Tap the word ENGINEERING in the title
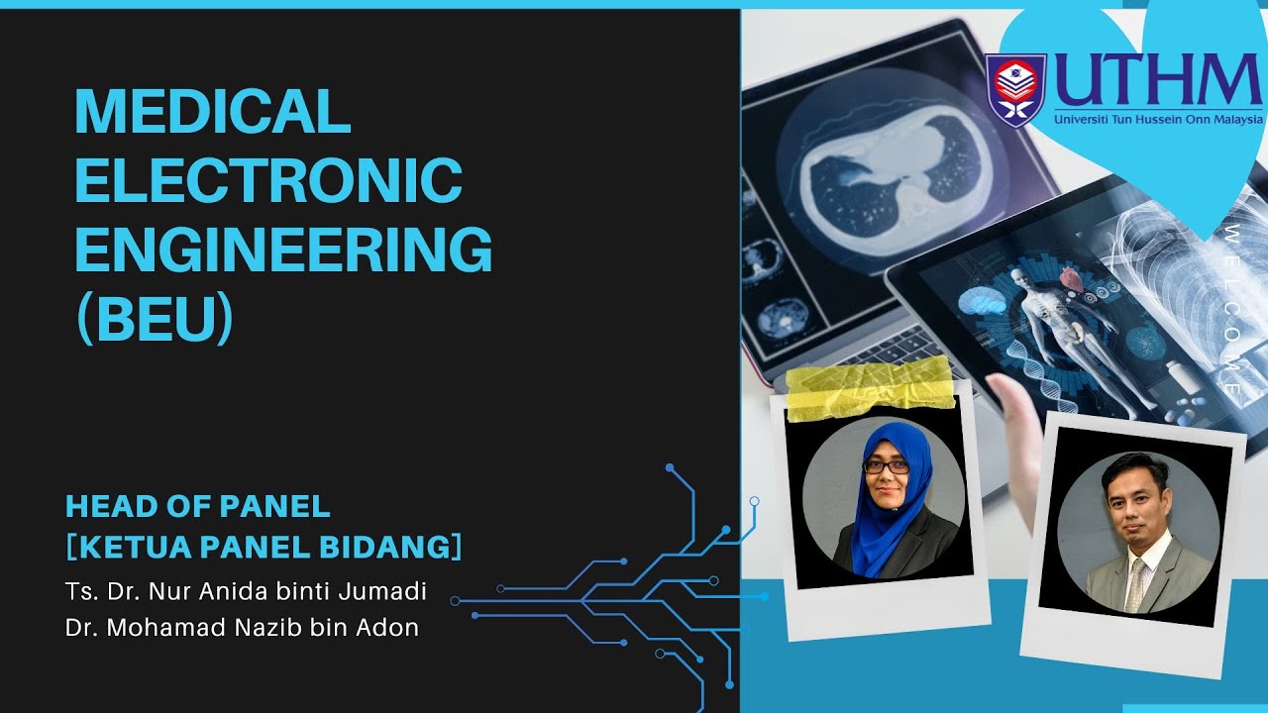[x=283, y=250]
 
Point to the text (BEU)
[x=155, y=319]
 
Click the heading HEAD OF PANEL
[x=198, y=506]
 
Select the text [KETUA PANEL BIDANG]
[x=264, y=546]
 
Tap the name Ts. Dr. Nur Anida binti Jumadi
[x=246, y=592]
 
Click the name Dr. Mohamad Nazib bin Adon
[x=242, y=627]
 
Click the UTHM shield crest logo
[x=1015, y=89]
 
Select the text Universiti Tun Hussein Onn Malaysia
[x=1159, y=119]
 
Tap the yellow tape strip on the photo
[x=870, y=384]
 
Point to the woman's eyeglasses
[x=886, y=465]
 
